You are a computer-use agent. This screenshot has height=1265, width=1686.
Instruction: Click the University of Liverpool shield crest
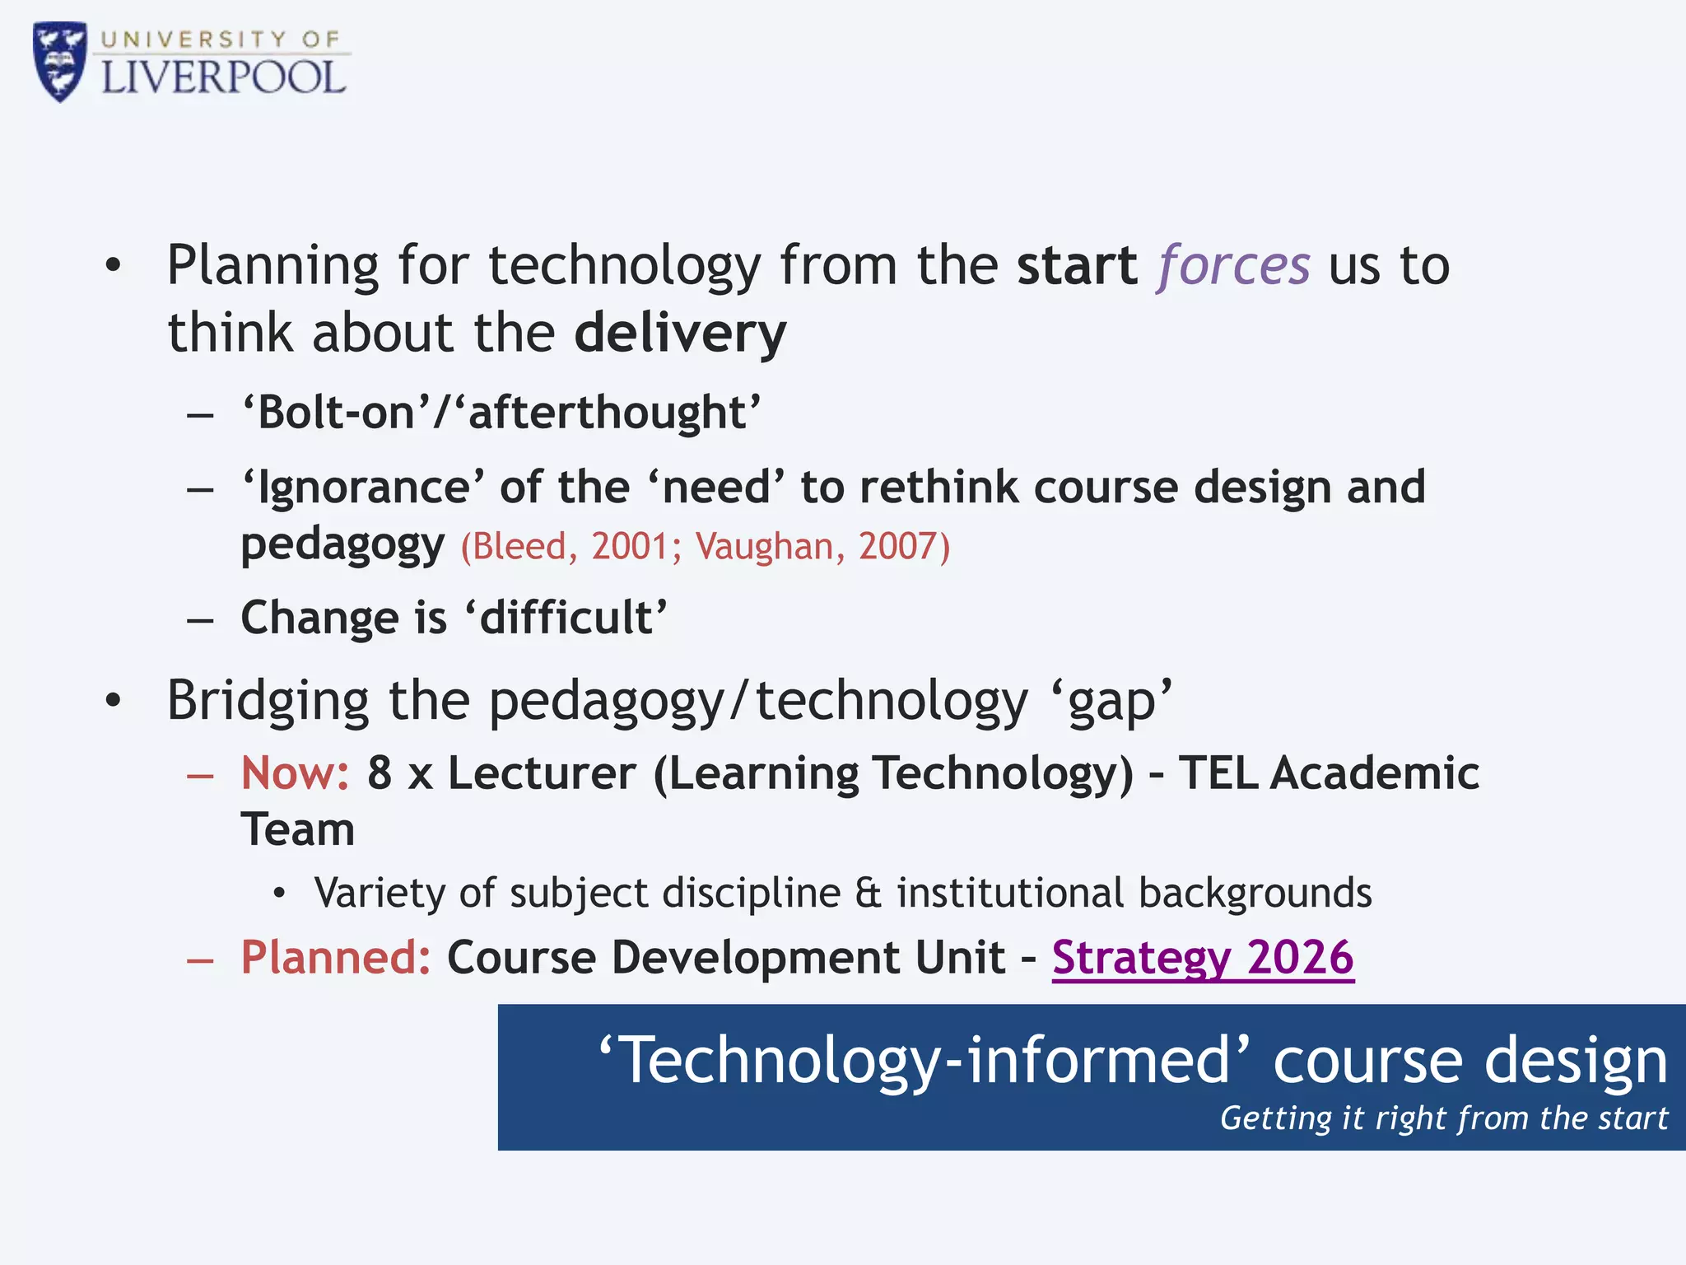[59, 62]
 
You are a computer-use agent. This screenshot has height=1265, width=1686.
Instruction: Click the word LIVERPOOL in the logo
[223, 79]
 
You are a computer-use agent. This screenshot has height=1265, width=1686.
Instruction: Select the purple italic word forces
[1233, 266]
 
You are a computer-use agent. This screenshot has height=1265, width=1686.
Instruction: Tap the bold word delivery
[680, 334]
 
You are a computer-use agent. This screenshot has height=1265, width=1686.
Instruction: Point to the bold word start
[1077, 266]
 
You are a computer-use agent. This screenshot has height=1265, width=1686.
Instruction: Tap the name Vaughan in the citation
[764, 546]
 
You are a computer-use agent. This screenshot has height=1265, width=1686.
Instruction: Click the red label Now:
[295, 773]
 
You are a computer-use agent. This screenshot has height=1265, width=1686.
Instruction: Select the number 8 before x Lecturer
[380, 773]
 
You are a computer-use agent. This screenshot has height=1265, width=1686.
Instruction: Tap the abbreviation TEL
[1218, 773]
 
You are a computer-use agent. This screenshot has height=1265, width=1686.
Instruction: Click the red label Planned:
[335, 958]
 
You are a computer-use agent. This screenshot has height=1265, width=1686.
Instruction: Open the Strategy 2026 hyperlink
[1203, 958]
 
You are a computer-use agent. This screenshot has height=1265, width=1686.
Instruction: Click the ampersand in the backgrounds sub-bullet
[868, 894]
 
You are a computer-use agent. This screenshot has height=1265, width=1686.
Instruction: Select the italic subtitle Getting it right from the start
[1443, 1118]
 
